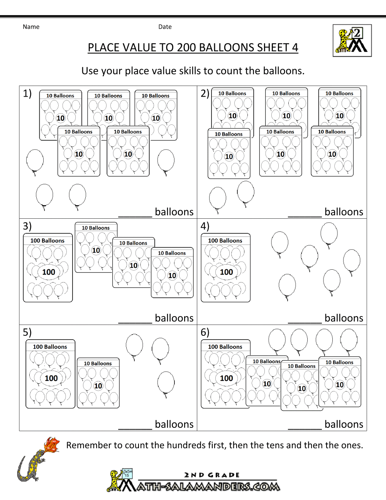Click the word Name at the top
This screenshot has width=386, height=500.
31,27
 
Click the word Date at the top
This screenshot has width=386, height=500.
165,27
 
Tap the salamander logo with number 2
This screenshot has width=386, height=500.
352,41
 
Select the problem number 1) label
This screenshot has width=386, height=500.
27,94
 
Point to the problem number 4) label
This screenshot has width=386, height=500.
205,226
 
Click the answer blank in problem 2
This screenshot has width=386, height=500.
305,216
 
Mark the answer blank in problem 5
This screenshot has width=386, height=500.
135,429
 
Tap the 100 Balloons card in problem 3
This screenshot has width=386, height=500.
48,268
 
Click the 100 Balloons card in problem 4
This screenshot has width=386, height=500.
226,268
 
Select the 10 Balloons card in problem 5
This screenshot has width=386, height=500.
98,383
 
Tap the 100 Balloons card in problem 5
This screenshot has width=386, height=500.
50,374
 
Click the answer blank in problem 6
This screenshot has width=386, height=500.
305,429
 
